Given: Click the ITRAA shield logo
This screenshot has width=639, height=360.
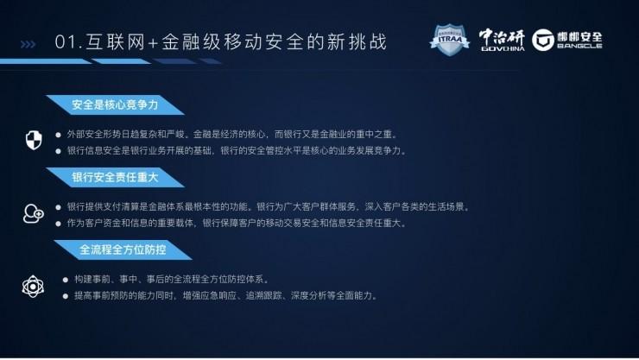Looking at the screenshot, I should [x=450, y=40].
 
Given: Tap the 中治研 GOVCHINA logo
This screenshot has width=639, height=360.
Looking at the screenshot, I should [x=502, y=40].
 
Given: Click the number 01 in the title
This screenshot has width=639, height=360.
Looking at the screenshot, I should [x=63, y=41].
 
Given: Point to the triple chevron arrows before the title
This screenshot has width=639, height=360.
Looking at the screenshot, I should [x=28, y=42].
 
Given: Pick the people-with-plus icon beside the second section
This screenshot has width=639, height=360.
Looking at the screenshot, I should [x=34, y=212].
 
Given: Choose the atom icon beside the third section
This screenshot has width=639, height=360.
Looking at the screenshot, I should [x=34, y=286].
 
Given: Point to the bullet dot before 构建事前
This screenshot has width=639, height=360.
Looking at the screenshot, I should [x=66, y=280].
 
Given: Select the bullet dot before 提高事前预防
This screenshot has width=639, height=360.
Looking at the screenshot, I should [x=66, y=295].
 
